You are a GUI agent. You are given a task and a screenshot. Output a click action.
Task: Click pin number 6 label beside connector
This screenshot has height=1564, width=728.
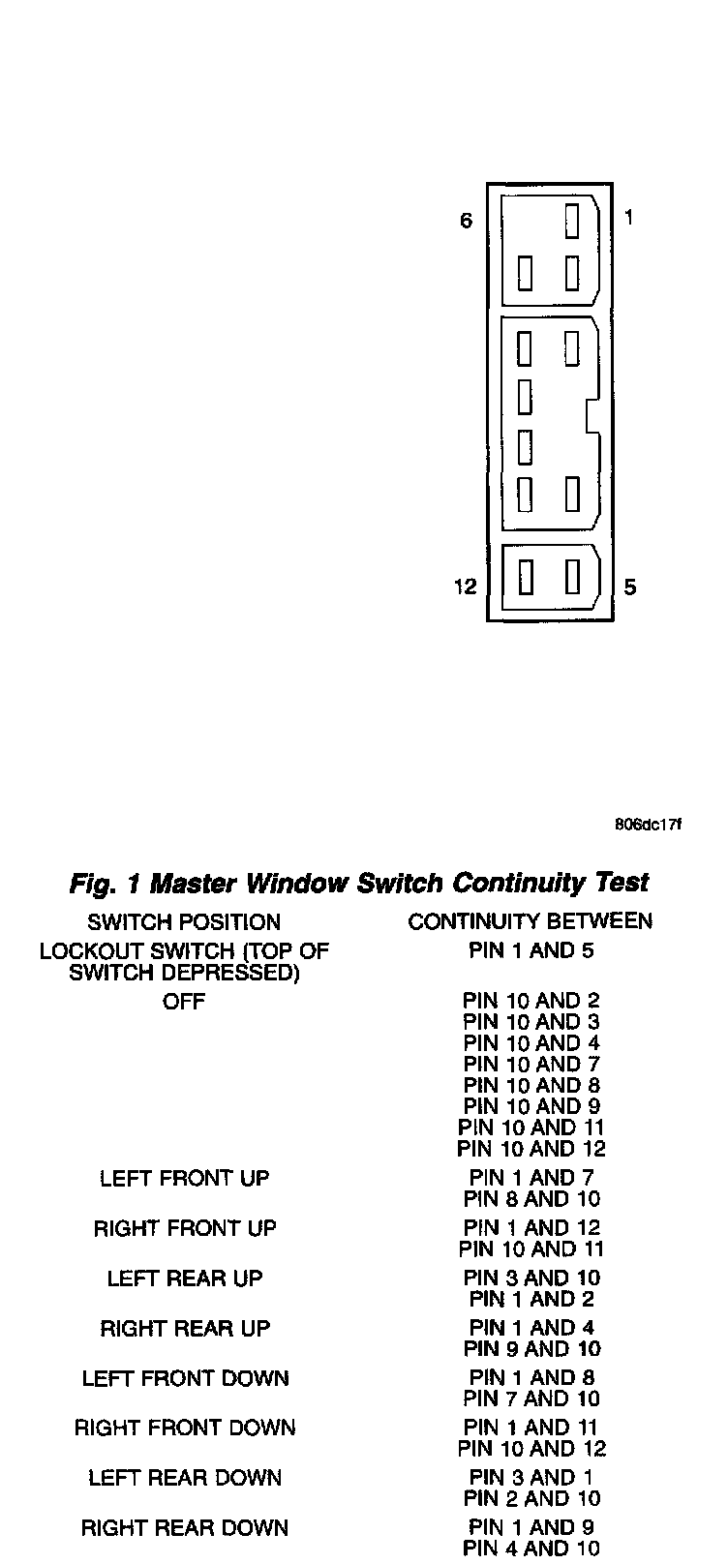tap(466, 221)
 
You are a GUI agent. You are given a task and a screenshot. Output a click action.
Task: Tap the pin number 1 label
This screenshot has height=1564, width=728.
tap(628, 218)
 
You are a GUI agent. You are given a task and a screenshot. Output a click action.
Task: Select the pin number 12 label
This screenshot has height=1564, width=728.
tap(466, 586)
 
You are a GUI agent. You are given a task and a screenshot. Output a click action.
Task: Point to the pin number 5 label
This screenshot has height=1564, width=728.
tap(630, 586)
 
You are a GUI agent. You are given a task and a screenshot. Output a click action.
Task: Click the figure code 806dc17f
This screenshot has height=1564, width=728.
tap(648, 825)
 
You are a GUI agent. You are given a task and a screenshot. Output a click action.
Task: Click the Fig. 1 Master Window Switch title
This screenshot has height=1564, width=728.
tap(359, 883)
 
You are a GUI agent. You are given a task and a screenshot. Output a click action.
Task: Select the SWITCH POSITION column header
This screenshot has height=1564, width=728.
tap(184, 921)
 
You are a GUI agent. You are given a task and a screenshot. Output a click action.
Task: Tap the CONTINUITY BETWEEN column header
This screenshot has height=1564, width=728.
tap(531, 920)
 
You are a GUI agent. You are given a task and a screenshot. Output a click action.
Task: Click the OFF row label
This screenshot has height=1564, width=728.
tap(184, 1002)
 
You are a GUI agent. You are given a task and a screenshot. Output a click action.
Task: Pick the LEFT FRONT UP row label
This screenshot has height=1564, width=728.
tap(184, 1178)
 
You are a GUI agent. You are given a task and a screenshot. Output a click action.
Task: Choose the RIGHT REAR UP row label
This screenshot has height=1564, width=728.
tap(184, 1328)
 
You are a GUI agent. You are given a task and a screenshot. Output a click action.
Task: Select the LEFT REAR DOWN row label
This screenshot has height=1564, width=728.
tap(184, 1478)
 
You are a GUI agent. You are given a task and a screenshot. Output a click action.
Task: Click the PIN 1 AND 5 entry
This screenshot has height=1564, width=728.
tap(531, 950)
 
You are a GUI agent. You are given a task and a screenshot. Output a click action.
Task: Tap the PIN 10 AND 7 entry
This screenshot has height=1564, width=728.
tap(531, 1065)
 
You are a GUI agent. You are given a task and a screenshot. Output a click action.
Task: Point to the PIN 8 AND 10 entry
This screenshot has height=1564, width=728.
tap(531, 1199)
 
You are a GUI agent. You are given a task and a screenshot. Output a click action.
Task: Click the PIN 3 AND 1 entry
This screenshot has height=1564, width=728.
tap(531, 1478)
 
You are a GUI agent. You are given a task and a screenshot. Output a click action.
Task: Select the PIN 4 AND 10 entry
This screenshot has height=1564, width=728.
tap(531, 1549)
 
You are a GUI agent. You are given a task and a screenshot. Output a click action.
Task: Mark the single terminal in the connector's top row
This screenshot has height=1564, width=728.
tap(572, 220)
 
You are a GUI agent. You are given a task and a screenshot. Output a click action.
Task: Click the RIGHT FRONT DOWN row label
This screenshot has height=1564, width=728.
tap(184, 1428)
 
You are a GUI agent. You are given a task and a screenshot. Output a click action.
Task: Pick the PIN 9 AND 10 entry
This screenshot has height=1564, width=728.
tap(531, 1349)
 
